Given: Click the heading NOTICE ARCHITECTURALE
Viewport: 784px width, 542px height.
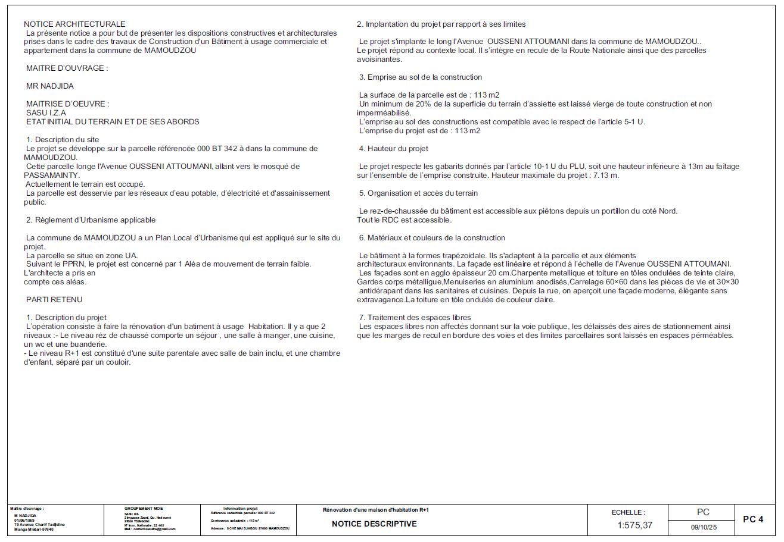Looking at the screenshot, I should [x=74, y=24].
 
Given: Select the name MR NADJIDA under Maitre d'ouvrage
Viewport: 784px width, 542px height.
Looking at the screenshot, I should [x=50, y=86].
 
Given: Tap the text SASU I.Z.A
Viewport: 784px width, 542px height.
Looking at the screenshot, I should [x=46, y=113].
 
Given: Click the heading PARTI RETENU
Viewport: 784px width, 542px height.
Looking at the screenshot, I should [x=54, y=299].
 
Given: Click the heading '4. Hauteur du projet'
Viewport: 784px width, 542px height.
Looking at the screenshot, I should [x=393, y=149].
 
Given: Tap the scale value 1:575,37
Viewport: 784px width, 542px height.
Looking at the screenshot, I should [x=634, y=525].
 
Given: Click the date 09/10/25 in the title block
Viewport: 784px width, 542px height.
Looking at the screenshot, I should [x=704, y=527].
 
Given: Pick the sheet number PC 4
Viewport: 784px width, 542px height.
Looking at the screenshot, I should [x=753, y=519].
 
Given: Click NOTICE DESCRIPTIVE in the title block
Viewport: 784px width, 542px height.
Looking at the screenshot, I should [x=374, y=524].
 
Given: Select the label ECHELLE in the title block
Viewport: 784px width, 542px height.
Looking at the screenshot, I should [x=629, y=512].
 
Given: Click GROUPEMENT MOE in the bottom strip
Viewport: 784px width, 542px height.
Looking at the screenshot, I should [x=143, y=509].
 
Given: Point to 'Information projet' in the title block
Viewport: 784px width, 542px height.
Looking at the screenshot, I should [x=240, y=509].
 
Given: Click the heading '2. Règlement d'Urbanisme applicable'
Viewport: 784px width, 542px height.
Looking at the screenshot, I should [x=91, y=220].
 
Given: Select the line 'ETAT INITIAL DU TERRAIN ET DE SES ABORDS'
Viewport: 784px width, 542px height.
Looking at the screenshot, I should [x=113, y=122].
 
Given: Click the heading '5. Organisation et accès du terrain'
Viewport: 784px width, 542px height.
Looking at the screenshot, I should [x=418, y=193].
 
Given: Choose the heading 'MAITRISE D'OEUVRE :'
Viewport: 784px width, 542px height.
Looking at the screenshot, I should [x=68, y=104].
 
